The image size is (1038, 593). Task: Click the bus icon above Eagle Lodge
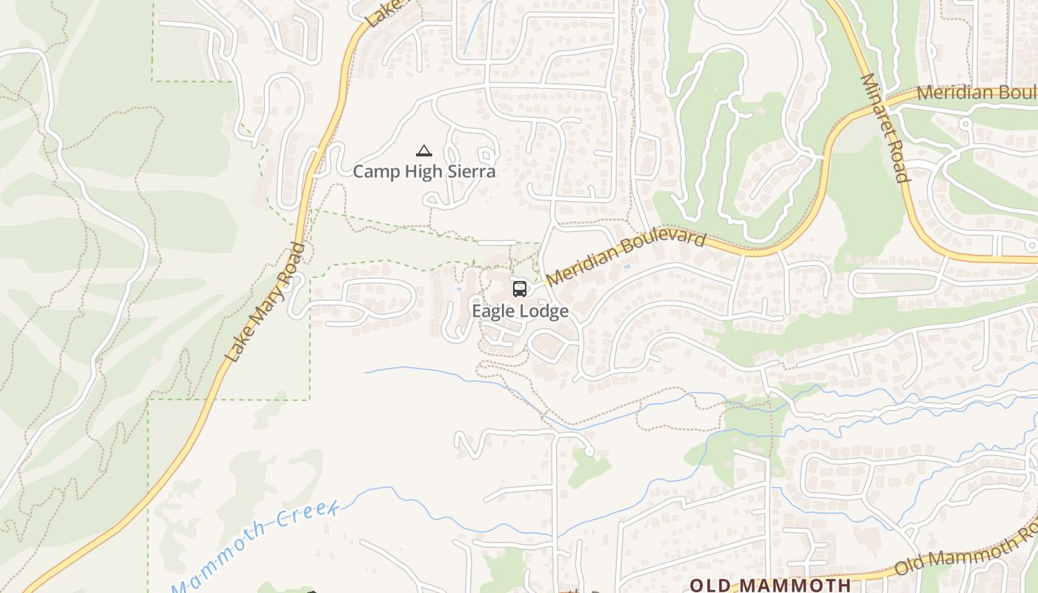(520, 289)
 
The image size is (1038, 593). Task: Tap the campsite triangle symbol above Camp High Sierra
(424, 151)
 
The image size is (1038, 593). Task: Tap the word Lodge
(544, 311)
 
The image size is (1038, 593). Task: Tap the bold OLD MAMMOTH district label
(770, 585)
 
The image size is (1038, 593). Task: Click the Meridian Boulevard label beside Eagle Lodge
(626, 258)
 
